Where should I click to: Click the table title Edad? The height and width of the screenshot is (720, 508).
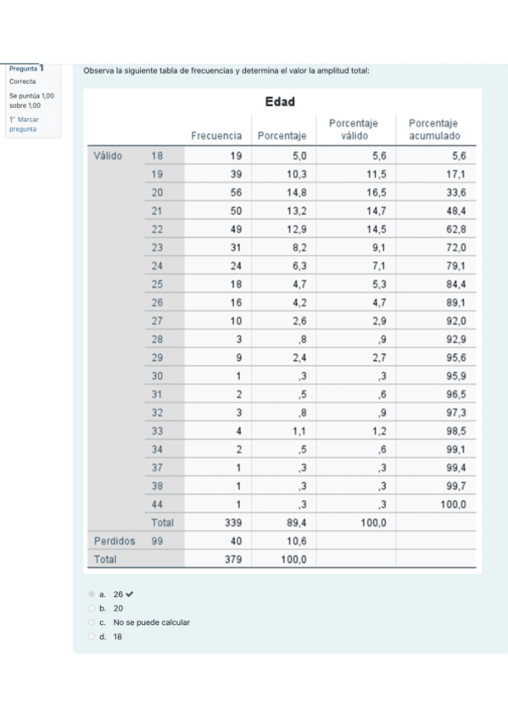(279, 103)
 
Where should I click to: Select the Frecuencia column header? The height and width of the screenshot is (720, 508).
(216, 136)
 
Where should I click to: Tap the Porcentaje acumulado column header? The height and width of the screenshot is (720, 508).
(433, 130)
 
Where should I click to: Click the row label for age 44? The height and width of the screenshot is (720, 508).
(156, 504)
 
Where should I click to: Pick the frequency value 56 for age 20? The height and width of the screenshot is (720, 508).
(236, 193)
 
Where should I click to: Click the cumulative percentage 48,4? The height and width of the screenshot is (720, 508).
(456, 211)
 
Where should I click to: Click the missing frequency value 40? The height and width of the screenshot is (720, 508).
(236, 541)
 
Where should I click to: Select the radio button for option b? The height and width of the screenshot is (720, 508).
(92, 609)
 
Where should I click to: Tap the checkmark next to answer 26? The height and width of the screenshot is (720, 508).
(130, 595)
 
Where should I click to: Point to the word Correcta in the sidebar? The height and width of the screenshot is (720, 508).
(24, 82)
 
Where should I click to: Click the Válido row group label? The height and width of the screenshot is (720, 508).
(108, 156)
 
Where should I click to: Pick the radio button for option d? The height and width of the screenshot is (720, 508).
(92, 636)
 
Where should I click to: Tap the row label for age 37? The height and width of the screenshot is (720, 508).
(156, 468)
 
